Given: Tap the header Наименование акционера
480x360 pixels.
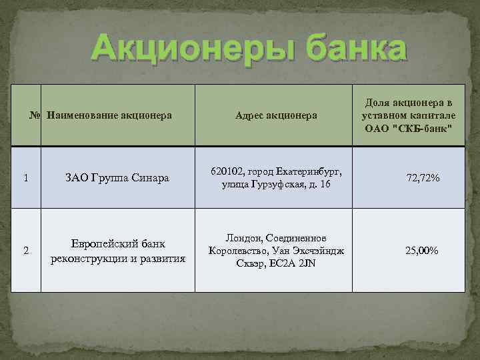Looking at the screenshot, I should pos(110,115).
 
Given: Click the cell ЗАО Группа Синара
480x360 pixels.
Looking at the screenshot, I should pos(117,178).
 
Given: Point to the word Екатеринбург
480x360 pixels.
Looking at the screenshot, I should pos(312,171).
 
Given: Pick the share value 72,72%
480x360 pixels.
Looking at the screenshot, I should pos(423,178).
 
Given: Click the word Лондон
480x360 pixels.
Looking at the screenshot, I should pos(244,238).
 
